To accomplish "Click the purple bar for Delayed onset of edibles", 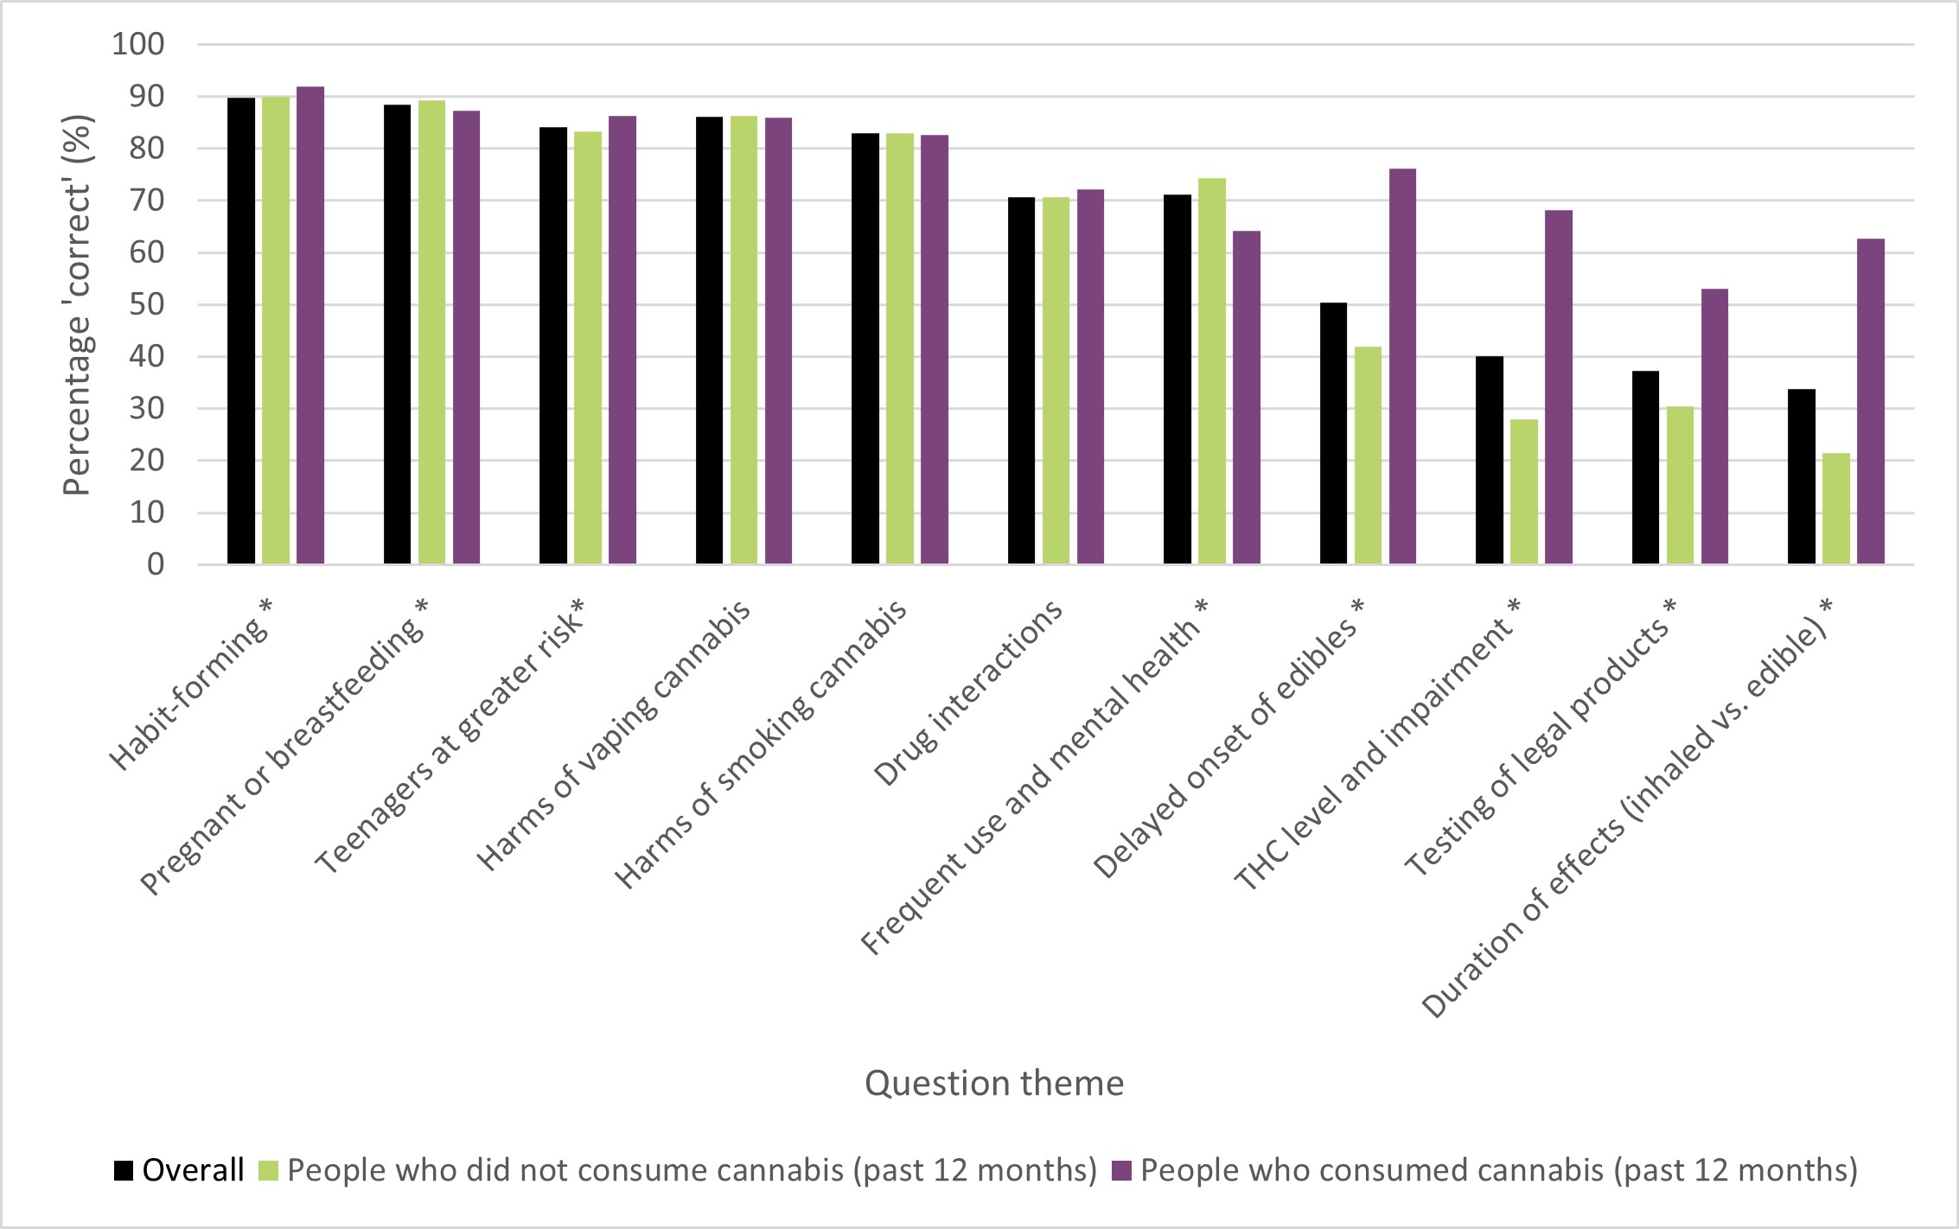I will [x=1402, y=366].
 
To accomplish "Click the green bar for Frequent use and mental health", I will [x=1211, y=372].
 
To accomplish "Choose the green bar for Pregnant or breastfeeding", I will [x=431, y=333].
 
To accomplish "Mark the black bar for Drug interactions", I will [x=1021, y=381].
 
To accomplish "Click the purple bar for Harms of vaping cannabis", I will [x=778, y=341].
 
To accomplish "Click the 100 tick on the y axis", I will [x=137, y=44].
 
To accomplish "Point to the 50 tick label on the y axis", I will [x=146, y=305].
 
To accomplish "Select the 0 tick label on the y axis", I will [x=156, y=565].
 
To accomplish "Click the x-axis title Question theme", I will [x=994, y=1083].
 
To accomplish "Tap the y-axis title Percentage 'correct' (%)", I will [x=77, y=305].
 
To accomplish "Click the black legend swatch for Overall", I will [x=124, y=1171].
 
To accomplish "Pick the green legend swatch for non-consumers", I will [x=268, y=1171].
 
